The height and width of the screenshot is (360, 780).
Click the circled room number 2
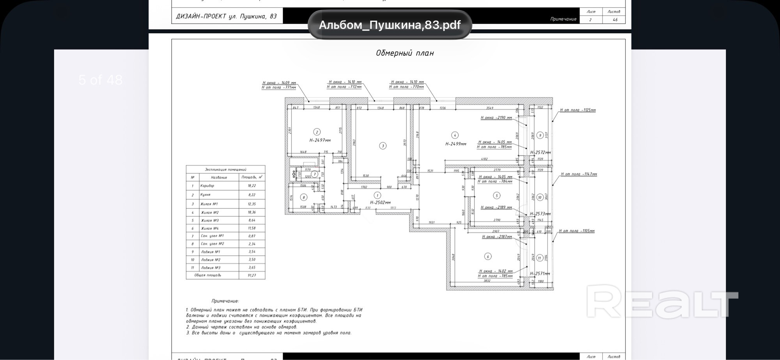click(317, 132)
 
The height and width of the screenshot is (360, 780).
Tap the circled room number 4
click(455, 135)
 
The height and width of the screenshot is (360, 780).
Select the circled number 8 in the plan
click(304, 197)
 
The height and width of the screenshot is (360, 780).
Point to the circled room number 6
click(487, 256)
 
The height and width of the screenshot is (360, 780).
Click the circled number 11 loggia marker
click(539, 258)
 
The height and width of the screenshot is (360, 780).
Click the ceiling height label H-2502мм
click(380, 202)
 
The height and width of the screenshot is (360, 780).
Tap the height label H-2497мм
click(320, 140)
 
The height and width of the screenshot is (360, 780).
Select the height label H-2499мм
click(456, 144)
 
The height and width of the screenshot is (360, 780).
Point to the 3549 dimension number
click(490, 108)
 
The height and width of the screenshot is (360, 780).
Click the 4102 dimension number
click(484, 159)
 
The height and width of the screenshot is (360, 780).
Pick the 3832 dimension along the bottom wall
click(487, 281)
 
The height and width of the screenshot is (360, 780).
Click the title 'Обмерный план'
click(404, 53)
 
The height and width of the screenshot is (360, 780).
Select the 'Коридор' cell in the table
click(207, 186)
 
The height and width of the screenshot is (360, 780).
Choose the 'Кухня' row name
click(205, 195)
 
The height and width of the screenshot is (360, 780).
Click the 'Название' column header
click(219, 177)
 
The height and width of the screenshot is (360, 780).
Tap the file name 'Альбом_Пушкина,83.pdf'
click(390, 25)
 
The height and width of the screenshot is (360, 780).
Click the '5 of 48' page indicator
click(100, 80)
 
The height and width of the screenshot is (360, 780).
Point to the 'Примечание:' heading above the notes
click(225, 301)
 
